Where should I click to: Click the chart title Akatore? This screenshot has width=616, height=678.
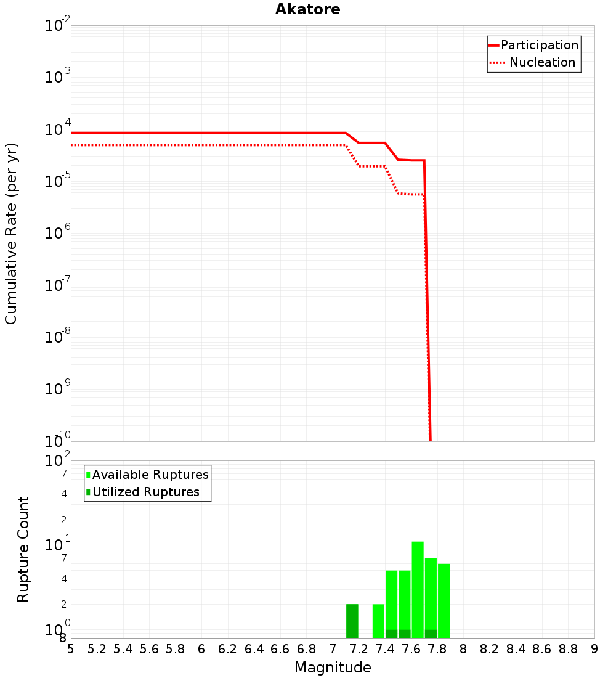point(307,10)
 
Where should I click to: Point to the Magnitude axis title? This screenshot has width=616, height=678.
point(333,668)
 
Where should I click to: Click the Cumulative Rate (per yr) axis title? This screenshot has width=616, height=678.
point(11,234)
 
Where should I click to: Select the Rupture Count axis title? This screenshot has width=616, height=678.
point(23,549)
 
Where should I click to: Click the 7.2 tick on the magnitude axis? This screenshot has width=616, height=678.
point(359,649)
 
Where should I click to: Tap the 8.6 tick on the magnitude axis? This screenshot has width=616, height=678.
point(542,649)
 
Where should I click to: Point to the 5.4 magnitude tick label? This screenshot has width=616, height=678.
point(123,649)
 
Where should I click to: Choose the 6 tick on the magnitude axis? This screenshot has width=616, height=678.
point(201,649)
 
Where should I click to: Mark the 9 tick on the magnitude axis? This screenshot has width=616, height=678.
point(594,649)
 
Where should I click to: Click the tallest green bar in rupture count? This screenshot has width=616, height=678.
point(418,589)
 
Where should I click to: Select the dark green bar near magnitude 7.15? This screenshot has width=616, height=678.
point(352,621)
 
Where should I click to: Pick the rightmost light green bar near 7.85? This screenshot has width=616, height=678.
point(444,600)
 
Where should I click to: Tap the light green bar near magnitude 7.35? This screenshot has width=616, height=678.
point(378,621)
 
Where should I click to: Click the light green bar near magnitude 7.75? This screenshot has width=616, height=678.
point(431,592)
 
